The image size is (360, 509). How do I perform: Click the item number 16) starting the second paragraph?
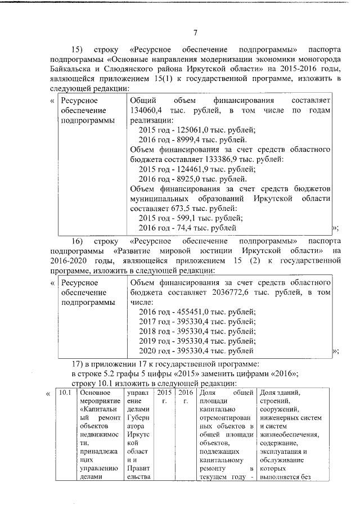click(78, 240)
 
